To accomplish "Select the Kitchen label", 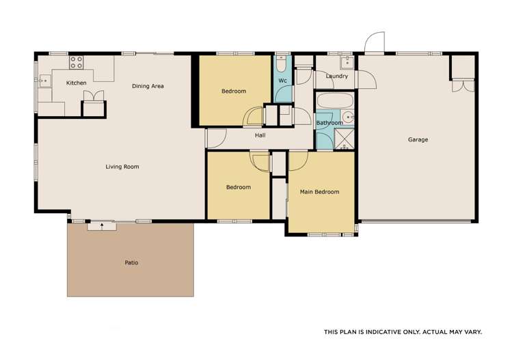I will (x=76, y=83).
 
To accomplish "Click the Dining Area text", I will (x=148, y=86).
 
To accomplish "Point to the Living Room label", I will (x=122, y=167).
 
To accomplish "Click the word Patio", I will (x=131, y=262).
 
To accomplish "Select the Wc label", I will (x=282, y=81).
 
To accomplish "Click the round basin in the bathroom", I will (x=347, y=116).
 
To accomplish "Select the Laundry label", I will (x=337, y=77).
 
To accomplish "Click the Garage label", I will (x=418, y=140).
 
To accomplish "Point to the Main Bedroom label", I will (x=319, y=192).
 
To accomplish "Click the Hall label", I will (x=260, y=135).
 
